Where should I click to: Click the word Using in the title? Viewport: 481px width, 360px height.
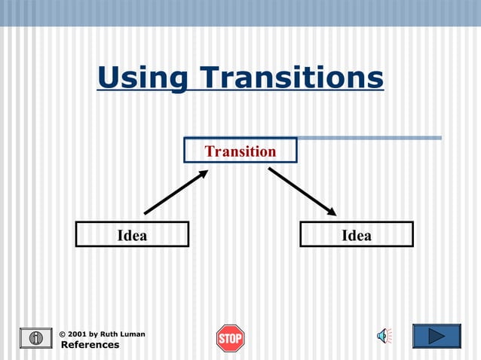[x=142, y=78]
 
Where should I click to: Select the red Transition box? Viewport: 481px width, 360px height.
[x=240, y=151]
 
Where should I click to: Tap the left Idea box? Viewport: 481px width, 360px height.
[x=132, y=235]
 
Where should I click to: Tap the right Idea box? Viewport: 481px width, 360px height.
[x=356, y=235]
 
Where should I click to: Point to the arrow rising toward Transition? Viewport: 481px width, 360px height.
[x=175, y=193]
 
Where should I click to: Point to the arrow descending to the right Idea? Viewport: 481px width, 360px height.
[x=302, y=191]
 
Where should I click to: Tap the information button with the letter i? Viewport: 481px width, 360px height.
[x=35, y=338]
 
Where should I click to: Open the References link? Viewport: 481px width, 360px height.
[x=90, y=345]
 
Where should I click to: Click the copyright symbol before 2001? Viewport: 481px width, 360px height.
[x=63, y=334]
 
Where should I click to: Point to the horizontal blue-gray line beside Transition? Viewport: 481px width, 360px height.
[x=369, y=138]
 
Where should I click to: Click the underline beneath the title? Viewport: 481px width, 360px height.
[x=240, y=91]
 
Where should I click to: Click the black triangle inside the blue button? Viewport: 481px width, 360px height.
[x=437, y=336]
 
